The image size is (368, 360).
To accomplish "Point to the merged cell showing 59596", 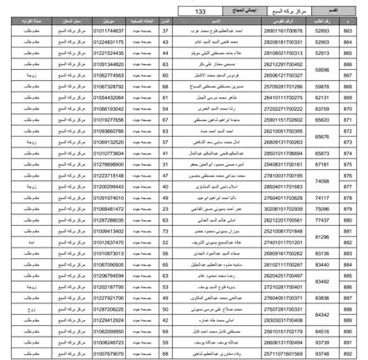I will point(321,72).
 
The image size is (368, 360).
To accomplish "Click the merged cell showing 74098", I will point(321,181).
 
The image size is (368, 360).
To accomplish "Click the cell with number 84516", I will point(321,331).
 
